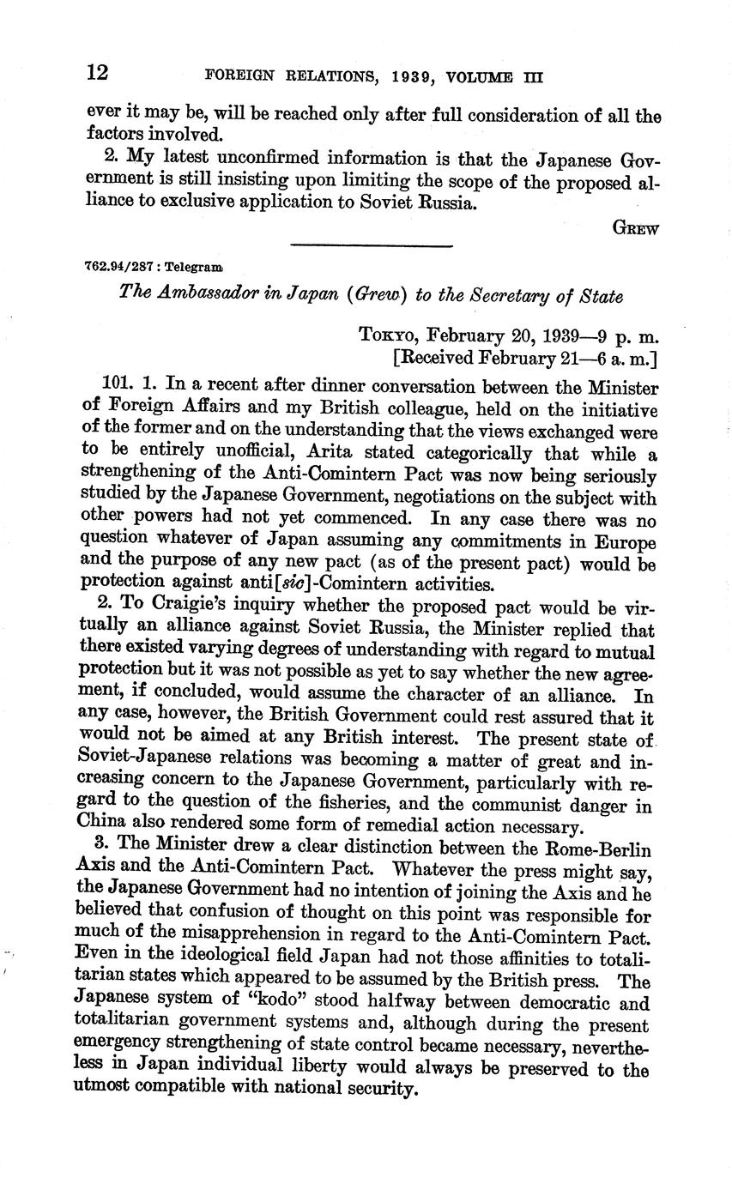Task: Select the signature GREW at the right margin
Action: click(636, 228)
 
